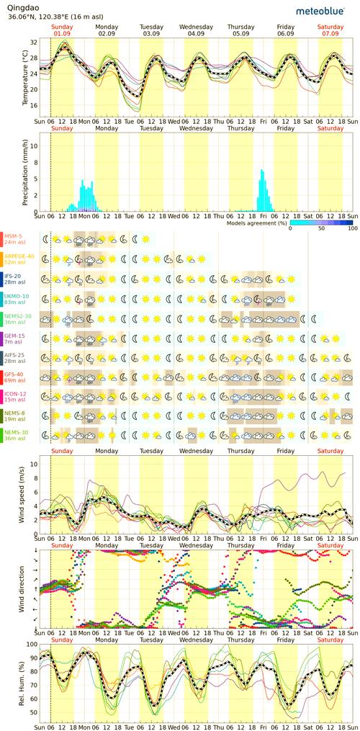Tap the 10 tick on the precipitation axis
click(x=34, y=143)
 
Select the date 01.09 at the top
click(x=62, y=33)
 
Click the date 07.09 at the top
click(x=330, y=33)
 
